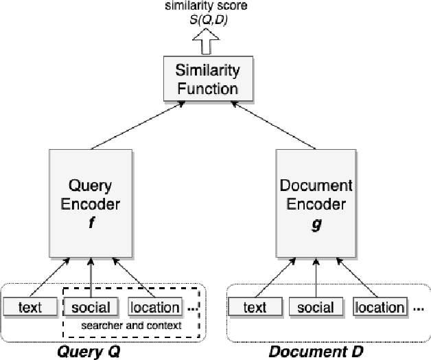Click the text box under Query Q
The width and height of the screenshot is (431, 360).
pyautogui.click(x=30, y=306)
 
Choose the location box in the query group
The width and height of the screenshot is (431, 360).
pyautogui.click(x=155, y=306)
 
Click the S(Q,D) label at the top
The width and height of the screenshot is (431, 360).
pyautogui.click(x=208, y=20)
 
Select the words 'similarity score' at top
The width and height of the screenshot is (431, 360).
pyautogui.click(x=208, y=6)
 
